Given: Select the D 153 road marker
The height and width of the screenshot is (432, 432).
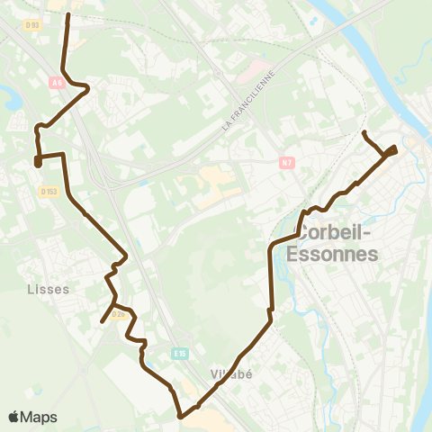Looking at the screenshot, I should (x=48, y=191).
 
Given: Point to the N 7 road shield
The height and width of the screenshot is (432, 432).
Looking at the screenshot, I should (x=287, y=162).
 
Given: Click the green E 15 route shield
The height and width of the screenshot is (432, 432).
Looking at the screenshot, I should (x=181, y=353).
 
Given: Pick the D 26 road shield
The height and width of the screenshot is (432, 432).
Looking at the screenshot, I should (x=118, y=326).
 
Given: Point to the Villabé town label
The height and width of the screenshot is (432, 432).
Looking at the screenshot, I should (x=229, y=374).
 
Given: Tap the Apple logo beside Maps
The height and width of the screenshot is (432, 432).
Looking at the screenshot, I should (x=13, y=417).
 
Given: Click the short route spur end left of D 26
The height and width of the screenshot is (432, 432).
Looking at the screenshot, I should (x=102, y=320).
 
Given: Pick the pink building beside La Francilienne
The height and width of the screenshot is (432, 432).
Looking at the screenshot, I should (x=258, y=69).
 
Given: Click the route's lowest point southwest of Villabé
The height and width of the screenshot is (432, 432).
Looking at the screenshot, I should (x=181, y=417).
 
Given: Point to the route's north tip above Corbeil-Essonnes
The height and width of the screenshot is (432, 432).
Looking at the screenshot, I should (x=364, y=133).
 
